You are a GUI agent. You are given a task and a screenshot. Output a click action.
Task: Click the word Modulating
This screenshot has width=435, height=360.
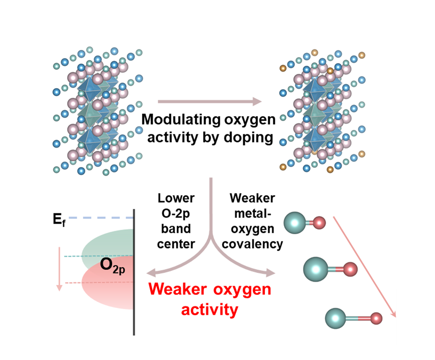tap(181, 120)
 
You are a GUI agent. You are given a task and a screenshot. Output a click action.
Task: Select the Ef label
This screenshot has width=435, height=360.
tap(59, 220)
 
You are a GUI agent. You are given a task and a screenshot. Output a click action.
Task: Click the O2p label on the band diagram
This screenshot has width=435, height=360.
tap(113, 265)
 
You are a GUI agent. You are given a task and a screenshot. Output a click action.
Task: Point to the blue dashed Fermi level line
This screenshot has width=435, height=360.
tap(101, 218)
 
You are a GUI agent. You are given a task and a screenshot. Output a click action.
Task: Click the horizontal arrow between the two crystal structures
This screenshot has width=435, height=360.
tap(210, 101)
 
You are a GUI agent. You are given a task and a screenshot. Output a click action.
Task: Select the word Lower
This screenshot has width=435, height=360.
tap(176, 198)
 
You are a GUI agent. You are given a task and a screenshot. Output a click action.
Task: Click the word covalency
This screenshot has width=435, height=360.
tap(252, 244)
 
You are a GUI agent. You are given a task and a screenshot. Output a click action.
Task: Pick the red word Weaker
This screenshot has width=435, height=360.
tap(178, 289)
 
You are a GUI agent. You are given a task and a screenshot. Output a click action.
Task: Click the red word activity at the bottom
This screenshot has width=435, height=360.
tap(209, 310)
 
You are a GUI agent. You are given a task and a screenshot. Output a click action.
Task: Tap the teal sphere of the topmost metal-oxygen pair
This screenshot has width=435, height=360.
tap(294, 223)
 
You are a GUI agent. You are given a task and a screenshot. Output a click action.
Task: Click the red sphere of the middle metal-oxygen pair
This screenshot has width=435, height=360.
tap(350, 269)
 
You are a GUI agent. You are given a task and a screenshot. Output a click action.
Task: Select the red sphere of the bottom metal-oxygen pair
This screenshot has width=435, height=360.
tap(376, 318)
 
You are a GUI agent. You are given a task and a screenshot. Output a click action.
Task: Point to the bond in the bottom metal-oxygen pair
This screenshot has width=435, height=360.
tap(358, 318)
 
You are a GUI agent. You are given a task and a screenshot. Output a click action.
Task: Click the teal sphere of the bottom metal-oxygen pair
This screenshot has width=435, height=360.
tap(336, 318)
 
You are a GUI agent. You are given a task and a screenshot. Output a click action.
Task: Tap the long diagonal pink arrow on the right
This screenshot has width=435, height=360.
tap(364, 267)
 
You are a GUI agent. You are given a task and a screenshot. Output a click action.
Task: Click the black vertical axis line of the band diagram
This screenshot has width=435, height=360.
tap(134, 272)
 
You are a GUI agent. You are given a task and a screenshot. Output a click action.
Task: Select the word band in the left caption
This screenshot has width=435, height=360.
tap(176, 229)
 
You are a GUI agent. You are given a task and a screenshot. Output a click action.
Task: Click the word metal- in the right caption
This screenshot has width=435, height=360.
tap(253, 213)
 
